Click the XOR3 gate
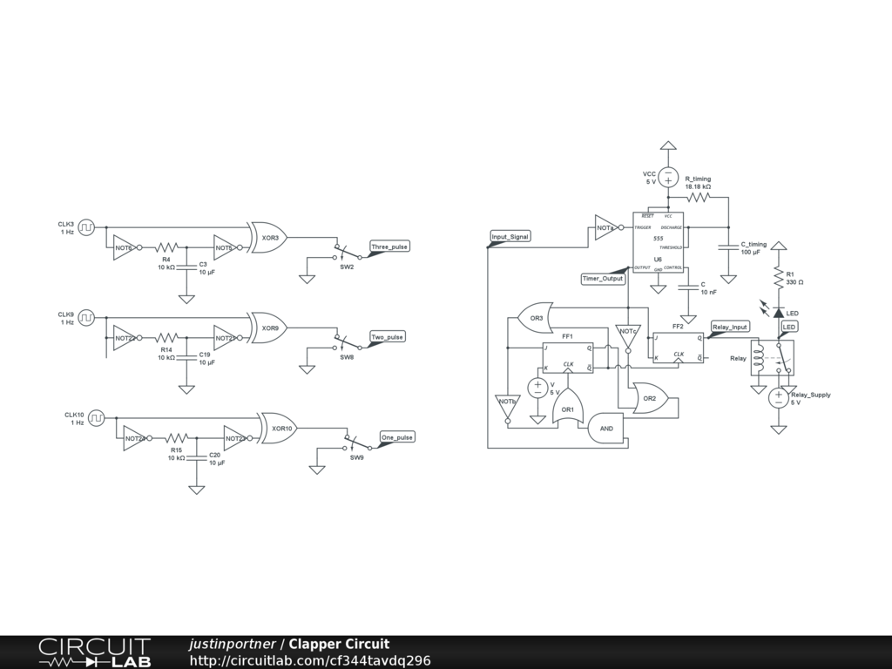click(x=268, y=237)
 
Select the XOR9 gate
click(x=268, y=328)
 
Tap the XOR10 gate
click(x=280, y=428)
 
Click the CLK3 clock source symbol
click(x=87, y=227)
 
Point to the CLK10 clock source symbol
click(x=98, y=418)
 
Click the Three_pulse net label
click(x=389, y=247)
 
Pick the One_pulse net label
click(x=396, y=437)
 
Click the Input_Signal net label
click(x=510, y=237)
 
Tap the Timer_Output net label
click(x=603, y=279)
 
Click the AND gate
click(x=607, y=429)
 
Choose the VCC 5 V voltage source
click(x=668, y=177)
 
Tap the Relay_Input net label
click(x=730, y=328)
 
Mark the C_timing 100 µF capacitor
click(x=728, y=247)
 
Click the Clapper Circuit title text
click(x=339, y=645)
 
